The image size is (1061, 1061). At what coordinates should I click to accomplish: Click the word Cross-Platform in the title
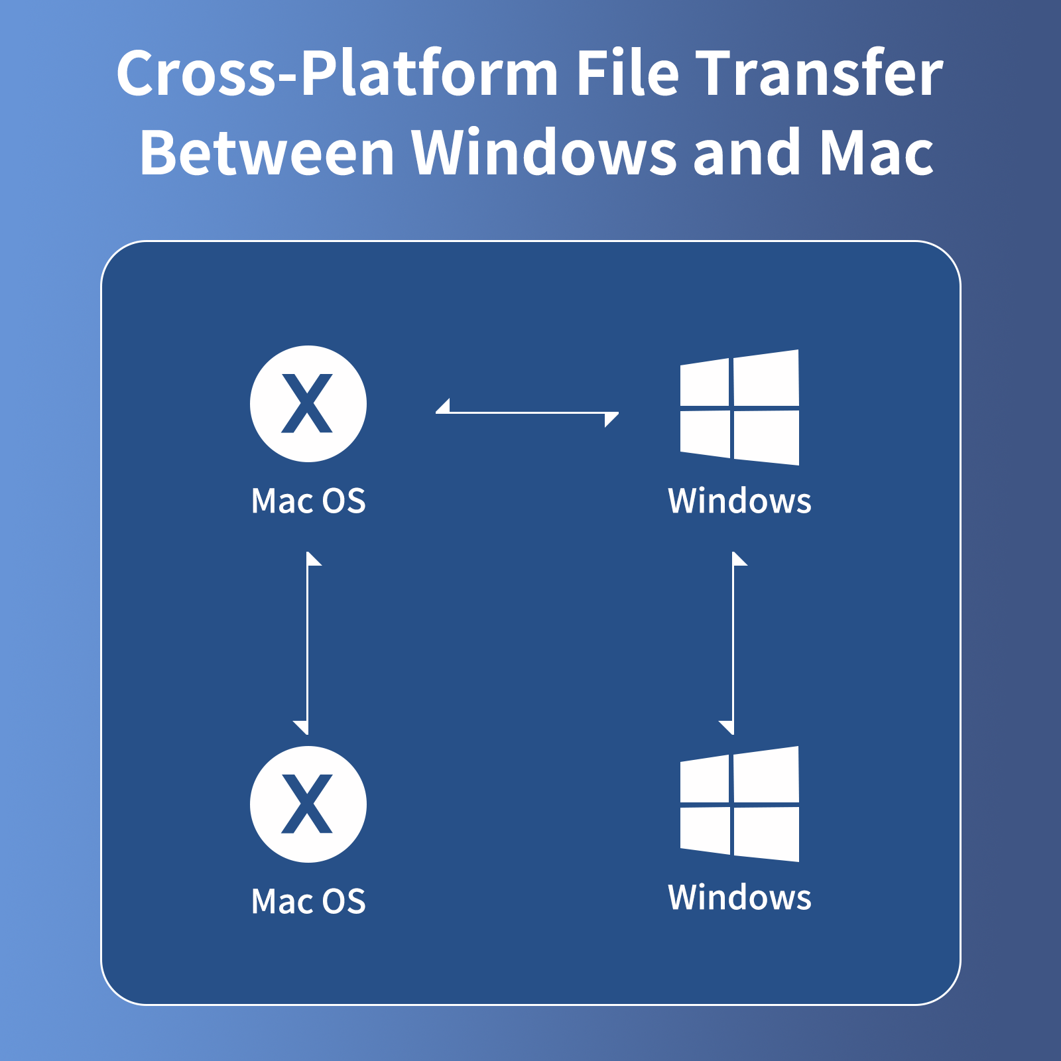point(337,73)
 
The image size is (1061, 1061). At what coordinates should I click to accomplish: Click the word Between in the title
point(267,153)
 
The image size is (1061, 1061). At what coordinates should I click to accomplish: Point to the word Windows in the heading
point(544,153)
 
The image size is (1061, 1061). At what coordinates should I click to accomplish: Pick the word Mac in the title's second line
point(877,153)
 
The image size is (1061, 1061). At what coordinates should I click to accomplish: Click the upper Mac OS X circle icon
point(308,404)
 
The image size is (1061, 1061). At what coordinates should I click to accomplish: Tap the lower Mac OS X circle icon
point(308,804)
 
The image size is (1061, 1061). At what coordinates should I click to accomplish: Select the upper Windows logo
point(739,407)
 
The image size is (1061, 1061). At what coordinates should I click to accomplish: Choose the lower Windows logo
point(739,804)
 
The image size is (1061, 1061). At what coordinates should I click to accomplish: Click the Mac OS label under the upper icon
point(308,501)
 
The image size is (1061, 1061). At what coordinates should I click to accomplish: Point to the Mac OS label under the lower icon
point(308,901)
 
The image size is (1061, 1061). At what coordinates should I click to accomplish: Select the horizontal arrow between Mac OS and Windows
point(527,412)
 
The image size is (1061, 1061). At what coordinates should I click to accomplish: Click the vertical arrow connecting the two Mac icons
point(308,643)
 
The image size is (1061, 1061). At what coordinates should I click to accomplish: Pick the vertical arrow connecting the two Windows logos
point(733,643)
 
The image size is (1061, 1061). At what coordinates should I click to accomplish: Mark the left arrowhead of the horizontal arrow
point(443,406)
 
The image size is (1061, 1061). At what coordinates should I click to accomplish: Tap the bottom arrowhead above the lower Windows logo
point(727,727)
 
